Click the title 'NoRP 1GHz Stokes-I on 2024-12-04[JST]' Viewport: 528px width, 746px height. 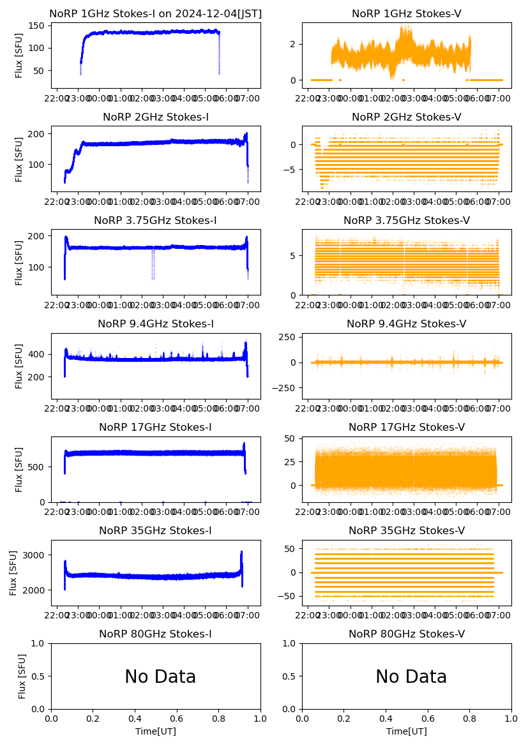point(155,13)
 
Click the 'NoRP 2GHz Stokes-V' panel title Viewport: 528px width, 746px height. point(406,117)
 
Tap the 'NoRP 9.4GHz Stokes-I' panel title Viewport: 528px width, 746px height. point(155,324)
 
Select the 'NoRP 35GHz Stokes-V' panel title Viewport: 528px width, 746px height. point(406,530)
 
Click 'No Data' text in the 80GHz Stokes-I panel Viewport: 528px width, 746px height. point(160,676)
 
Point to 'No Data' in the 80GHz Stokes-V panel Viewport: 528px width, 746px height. point(411,676)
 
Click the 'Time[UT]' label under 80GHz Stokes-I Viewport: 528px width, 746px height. point(155,731)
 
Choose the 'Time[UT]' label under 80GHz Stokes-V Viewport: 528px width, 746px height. point(406,731)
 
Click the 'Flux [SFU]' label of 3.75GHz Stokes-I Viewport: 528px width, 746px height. point(19,262)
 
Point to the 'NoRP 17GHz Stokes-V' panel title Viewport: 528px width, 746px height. point(406,427)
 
